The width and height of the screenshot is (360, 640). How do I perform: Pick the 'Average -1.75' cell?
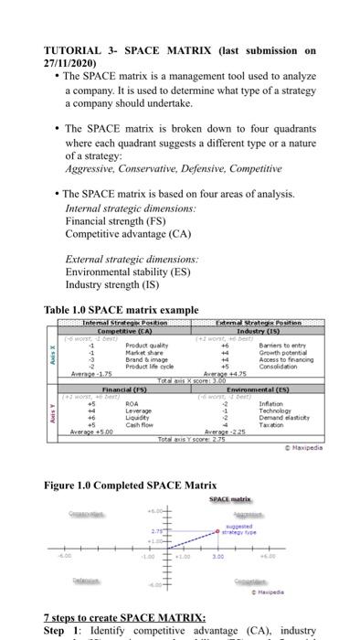90,373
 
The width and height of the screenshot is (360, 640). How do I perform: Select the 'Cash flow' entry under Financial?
139,425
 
